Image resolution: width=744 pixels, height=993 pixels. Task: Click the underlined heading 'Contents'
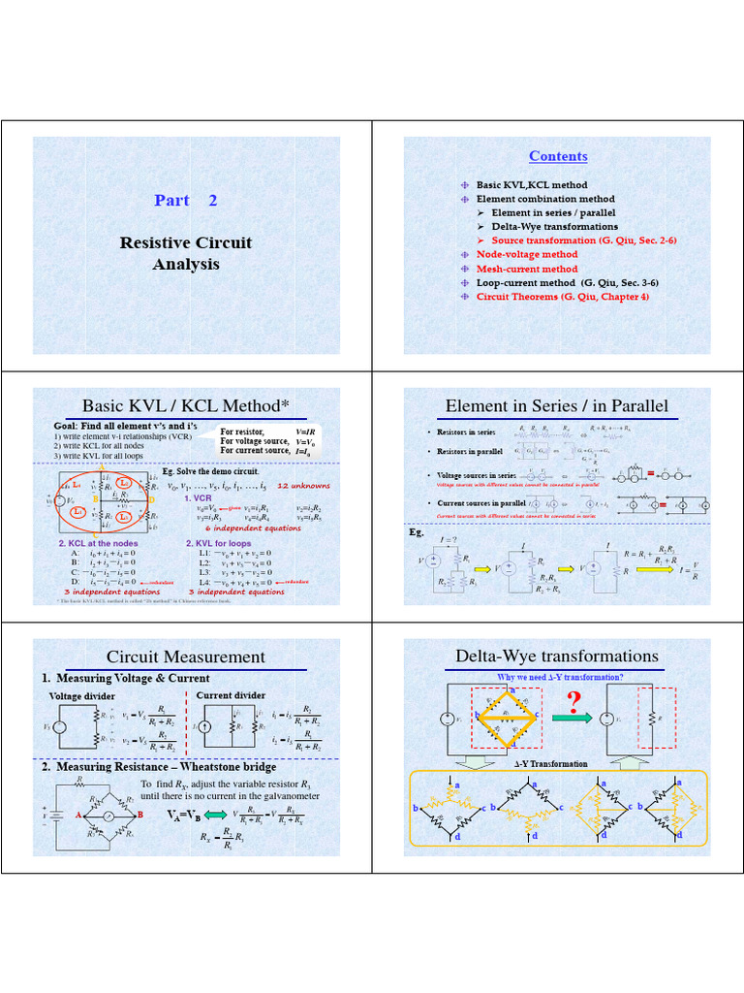(558, 156)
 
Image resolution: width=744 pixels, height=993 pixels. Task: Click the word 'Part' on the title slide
(171, 200)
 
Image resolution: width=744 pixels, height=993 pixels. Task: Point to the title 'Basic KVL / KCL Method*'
(186, 404)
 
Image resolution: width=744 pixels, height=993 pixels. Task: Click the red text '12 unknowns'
(303, 485)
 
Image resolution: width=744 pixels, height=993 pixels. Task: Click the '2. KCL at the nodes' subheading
(98, 543)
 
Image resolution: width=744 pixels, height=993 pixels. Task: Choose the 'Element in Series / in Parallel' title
(557, 405)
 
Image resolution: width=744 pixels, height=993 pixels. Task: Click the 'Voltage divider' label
(82, 696)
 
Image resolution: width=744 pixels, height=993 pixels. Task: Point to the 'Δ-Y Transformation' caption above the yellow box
(550, 764)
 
